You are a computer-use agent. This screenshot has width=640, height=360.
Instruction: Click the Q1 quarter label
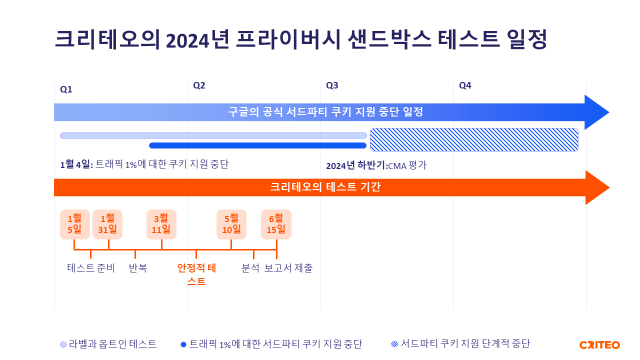pos(66,89)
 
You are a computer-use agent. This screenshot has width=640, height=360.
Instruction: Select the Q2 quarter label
pos(199,85)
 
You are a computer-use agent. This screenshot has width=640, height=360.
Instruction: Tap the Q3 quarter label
pos(332,85)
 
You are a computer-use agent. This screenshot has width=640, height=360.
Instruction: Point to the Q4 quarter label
pos(465,85)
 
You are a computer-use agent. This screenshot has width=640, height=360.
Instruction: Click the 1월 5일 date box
pos(75,224)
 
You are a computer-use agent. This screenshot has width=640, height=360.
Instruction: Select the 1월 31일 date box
pos(107,224)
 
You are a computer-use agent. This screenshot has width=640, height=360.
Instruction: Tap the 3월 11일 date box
pos(161,224)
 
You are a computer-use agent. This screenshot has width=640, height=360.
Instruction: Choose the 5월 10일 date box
pos(231,224)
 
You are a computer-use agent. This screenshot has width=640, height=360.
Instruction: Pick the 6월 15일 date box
pos(276,224)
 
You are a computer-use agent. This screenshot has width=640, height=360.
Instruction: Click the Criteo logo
pos(599,345)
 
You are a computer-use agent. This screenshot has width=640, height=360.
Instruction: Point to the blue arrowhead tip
pos(609,112)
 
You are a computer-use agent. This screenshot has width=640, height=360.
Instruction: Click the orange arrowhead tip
pos(609,187)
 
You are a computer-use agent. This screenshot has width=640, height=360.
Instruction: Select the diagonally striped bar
pos(474,139)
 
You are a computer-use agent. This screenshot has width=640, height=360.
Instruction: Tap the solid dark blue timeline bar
pos(257,145)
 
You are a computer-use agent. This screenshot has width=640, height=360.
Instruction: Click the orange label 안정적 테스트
pos(196,274)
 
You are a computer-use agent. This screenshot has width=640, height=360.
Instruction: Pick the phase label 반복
pos(137,268)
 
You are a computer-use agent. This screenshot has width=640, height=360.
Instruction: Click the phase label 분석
pos(250,268)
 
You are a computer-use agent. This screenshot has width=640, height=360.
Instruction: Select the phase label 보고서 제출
pos(288,268)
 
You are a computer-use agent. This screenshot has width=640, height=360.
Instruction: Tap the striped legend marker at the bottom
pos(394,344)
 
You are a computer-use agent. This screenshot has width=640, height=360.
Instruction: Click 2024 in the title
pos(187,40)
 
